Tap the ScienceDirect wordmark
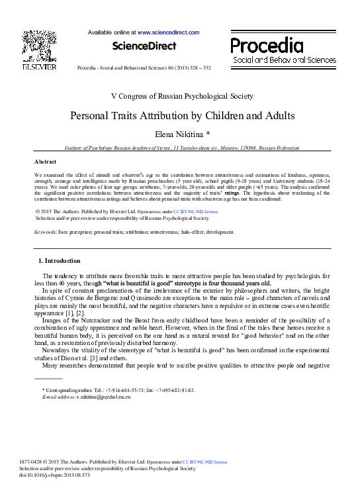(144, 46)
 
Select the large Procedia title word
(267, 46)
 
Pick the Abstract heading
(46, 162)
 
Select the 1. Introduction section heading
(60, 261)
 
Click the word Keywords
(46, 232)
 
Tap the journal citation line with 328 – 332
(144, 68)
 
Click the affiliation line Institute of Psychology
(182, 149)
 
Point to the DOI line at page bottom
(55, 475)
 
